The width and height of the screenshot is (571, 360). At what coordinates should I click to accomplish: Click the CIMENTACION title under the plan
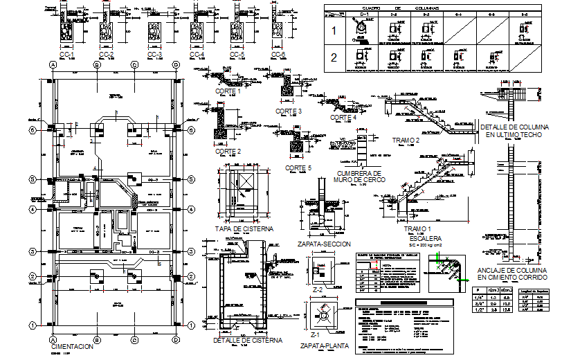point(71,346)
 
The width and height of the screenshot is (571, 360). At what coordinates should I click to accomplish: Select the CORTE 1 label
point(229,91)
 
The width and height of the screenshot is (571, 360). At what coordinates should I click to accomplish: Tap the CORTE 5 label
point(298,168)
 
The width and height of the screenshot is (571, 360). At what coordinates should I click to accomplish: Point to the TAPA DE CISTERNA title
point(244,228)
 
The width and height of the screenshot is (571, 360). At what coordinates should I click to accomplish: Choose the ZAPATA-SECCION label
point(323,244)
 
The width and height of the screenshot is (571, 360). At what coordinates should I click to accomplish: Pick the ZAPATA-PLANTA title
point(323,345)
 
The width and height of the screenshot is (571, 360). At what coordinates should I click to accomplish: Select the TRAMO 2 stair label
point(406,141)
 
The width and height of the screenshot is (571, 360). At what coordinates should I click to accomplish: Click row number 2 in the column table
point(335,57)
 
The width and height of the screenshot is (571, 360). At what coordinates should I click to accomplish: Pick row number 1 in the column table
point(335,31)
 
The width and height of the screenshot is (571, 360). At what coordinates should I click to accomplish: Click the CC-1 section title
point(68,54)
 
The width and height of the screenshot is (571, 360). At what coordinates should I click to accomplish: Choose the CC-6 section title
point(279,54)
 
